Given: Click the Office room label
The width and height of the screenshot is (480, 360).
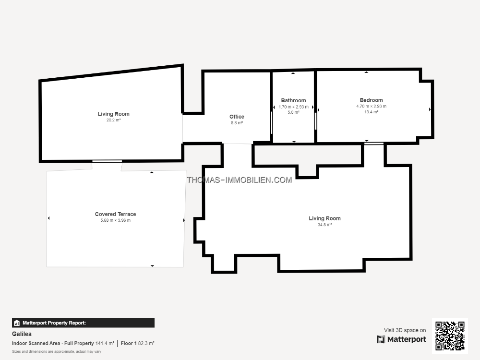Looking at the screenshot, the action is [237, 117].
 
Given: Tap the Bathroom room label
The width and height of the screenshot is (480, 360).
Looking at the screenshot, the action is [293, 100].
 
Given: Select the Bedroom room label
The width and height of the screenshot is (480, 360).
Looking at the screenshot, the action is [371, 100].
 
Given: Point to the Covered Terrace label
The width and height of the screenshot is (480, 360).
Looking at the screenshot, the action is [115, 214].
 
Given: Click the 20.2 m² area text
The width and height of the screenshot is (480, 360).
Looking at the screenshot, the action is [114, 120].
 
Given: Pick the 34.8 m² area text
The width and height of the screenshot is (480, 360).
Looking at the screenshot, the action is [324, 225].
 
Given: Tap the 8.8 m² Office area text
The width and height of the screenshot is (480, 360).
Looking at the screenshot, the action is [237, 123].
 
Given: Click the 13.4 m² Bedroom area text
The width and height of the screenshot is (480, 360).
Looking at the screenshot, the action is [372, 112].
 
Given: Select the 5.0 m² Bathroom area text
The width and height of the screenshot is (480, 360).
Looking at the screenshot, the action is [294, 112].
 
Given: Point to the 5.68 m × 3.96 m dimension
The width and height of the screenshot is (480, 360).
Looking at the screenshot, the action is [115, 220].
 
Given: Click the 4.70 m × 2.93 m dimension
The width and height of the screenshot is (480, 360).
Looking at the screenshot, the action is [372, 106].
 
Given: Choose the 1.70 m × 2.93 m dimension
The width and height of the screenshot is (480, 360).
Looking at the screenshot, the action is [294, 107].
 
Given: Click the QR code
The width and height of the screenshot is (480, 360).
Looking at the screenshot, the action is [450, 336].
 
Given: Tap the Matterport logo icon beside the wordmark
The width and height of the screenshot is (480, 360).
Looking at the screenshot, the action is [381, 339].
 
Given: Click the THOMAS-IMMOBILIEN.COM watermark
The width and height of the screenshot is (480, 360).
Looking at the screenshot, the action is [240, 180].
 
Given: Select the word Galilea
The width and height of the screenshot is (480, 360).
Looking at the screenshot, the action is [22, 334].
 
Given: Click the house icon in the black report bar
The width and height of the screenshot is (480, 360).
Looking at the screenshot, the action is [17, 323].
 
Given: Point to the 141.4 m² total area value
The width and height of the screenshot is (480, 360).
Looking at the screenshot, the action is [105, 344].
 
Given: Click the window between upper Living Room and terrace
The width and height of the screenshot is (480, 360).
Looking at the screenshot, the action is [107, 161].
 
